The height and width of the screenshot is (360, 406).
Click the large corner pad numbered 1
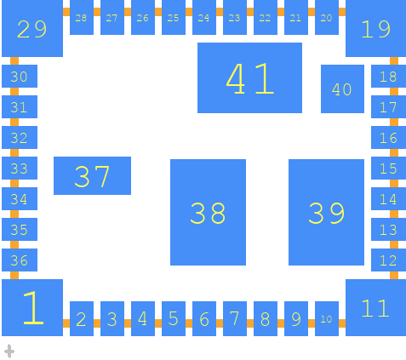click(x=32, y=307)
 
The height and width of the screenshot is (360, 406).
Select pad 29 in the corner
click(x=32, y=28)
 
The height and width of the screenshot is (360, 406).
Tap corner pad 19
click(x=375, y=28)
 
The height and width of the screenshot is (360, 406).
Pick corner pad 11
click(x=375, y=307)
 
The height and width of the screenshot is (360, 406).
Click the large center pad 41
click(x=249, y=77)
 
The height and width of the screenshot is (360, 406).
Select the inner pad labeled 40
click(x=342, y=89)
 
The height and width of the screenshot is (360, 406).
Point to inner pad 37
click(x=92, y=175)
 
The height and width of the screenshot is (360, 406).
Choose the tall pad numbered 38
click(x=208, y=212)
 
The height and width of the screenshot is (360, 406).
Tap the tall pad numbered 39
click(x=326, y=212)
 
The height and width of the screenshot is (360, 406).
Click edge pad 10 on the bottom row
click(x=327, y=318)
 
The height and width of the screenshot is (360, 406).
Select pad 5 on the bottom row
click(x=174, y=318)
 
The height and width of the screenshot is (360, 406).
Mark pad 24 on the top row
click(x=204, y=17)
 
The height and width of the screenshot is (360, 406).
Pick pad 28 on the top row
click(x=82, y=17)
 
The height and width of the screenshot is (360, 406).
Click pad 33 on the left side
click(x=20, y=168)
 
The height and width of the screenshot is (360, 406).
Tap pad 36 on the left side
click(x=20, y=260)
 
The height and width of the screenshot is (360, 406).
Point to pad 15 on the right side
click(x=388, y=168)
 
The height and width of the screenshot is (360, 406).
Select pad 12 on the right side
click(x=388, y=260)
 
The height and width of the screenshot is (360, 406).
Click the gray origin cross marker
click(x=9, y=351)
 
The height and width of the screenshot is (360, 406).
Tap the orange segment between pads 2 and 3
click(x=97, y=323)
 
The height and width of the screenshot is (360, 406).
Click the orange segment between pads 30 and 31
click(x=14, y=91)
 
